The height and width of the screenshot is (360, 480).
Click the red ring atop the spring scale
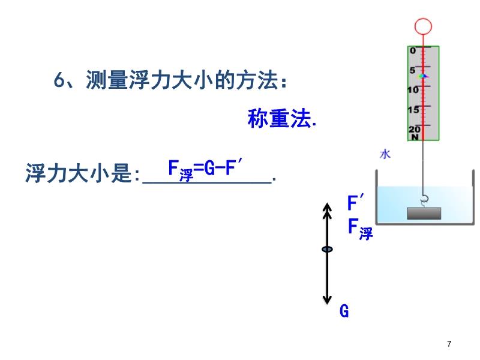click(423, 26)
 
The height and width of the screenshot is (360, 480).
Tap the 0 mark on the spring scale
click(413, 51)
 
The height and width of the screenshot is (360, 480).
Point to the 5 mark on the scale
click(413, 70)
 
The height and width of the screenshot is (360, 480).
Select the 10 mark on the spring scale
click(413, 90)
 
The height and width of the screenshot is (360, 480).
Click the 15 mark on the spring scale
click(413, 110)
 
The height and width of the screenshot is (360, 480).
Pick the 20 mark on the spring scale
click(413, 129)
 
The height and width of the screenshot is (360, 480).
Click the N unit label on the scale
click(414, 137)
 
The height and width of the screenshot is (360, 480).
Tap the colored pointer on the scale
click(424, 76)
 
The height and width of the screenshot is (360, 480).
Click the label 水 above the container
click(385, 154)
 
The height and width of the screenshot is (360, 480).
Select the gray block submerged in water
click(424, 214)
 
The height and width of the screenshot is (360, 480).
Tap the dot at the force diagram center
click(327, 249)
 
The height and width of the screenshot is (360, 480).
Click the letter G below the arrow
click(344, 311)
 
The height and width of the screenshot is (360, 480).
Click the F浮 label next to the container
click(361, 229)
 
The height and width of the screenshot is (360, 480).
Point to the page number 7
click(449, 344)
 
